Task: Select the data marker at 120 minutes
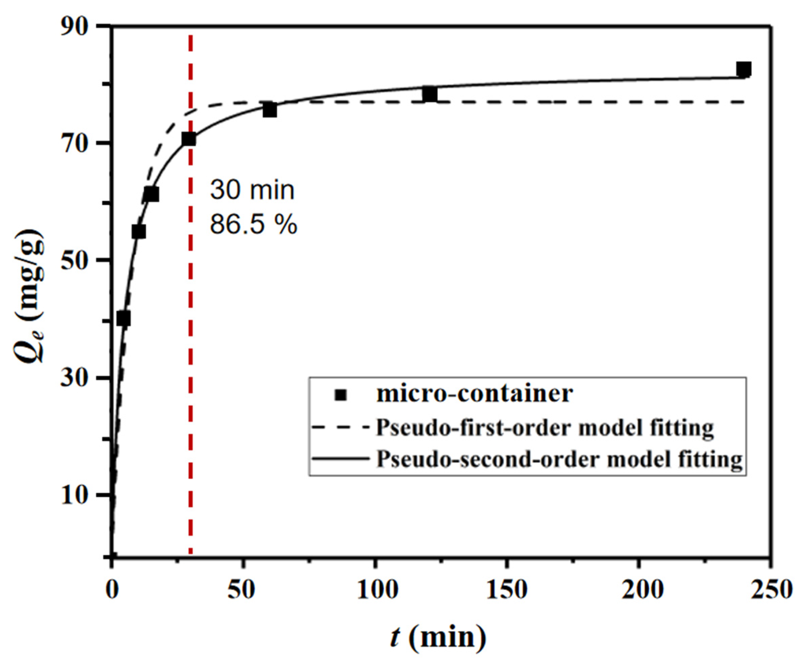tap(430, 94)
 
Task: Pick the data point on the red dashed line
tap(189, 139)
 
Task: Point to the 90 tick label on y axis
tap(78, 27)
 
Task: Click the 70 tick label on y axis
tap(78, 143)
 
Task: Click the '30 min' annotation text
tap(252, 190)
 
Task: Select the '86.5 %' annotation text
tap(253, 225)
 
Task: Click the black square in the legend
tap(340, 395)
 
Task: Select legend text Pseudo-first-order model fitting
tap(545, 427)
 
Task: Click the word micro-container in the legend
tap(474, 394)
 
